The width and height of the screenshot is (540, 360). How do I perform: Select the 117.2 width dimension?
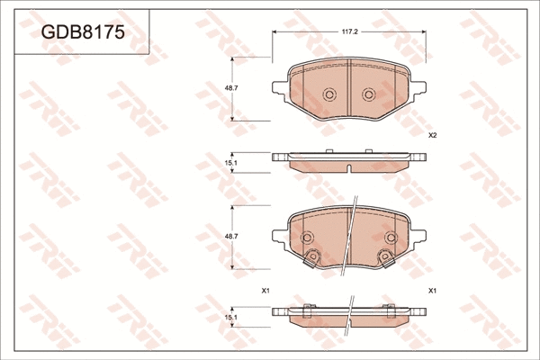click(x=349, y=30)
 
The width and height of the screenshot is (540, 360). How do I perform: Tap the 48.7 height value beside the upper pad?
click(x=230, y=88)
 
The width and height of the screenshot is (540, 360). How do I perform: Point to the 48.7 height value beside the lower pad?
click(x=230, y=236)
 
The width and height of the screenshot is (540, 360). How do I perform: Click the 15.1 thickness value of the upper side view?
click(x=230, y=162)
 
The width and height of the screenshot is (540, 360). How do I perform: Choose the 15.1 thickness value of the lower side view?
click(x=230, y=317)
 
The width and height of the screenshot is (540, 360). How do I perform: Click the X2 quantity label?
click(x=432, y=135)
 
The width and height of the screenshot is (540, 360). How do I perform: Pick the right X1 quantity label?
click(x=432, y=290)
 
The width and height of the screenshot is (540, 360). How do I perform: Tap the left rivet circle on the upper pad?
click(x=328, y=94)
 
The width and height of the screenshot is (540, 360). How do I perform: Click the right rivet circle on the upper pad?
click(x=368, y=94)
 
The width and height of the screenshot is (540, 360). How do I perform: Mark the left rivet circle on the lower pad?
click(x=307, y=238)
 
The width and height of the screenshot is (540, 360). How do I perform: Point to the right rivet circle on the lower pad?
click(x=391, y=238)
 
